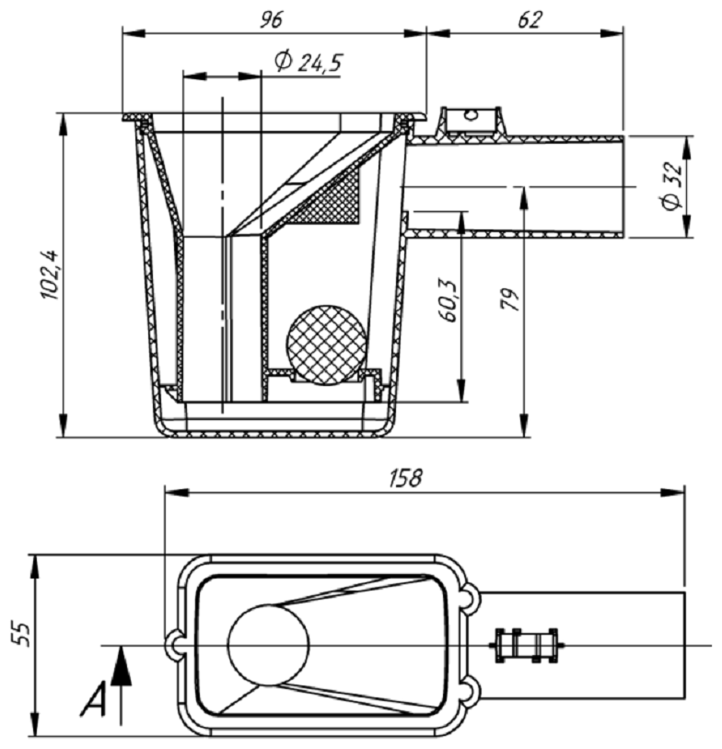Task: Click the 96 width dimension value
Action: pyautogui.click(x=274, y=18)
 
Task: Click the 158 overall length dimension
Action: pyautogui.click(x=405, y=477)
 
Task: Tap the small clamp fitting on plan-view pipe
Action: pyautogui.click(x=527, y=644)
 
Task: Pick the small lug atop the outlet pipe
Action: pyautogui.click(x=471, y=121)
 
